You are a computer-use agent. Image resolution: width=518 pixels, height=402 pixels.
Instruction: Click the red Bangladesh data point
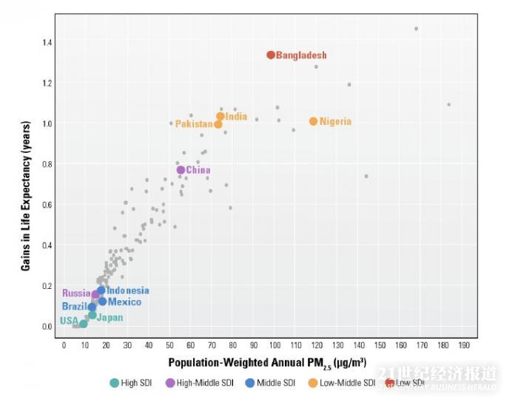[x=271, y=55]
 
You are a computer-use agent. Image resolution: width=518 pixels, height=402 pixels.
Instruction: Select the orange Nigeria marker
[x=313, y=121]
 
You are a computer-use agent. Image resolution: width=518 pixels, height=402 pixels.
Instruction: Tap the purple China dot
[x=181, y=170]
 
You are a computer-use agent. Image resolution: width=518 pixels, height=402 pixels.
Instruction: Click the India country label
[x=236, y=117]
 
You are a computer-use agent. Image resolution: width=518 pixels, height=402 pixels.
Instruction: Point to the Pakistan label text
[x=194, y=124]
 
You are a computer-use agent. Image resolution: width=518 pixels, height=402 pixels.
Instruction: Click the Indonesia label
[x=128, y=290]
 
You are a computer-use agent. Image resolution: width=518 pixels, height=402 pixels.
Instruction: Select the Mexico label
[x=124, y=301]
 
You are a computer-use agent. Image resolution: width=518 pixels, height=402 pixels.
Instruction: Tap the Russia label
[x=75, y=293]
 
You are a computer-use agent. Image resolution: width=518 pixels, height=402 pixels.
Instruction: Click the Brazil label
[x=74, y=306]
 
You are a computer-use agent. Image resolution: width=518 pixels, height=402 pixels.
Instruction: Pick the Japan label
[x=110, y=318]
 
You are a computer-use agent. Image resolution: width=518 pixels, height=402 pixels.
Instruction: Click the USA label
[x=69, y=321]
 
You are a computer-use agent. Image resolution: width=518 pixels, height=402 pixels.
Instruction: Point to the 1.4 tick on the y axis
[x=47, y=42]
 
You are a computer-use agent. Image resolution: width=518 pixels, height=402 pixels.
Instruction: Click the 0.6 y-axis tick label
[x=47, y=205]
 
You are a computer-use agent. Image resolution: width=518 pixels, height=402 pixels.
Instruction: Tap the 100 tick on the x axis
[x=275, y=345]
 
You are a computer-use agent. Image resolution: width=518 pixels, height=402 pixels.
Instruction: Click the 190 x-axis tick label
[x=465, y=345]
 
